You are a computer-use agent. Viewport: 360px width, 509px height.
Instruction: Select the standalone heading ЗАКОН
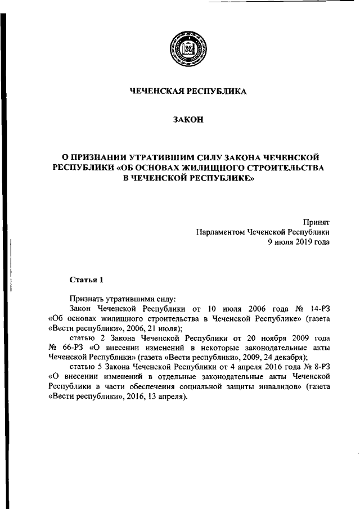click(x=188, y=121)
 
